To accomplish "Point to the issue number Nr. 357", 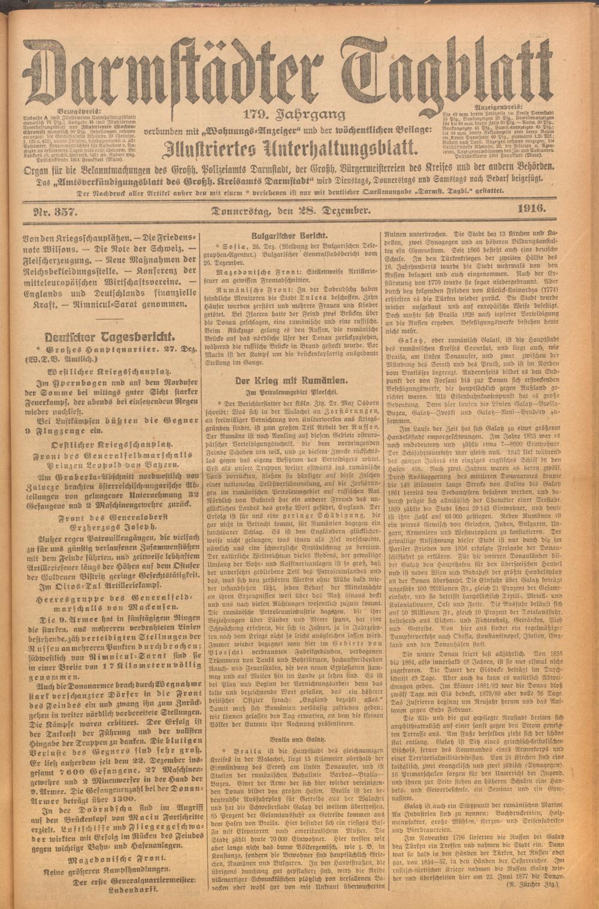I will (53, 210).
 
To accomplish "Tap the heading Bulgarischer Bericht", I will (286, 235).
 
